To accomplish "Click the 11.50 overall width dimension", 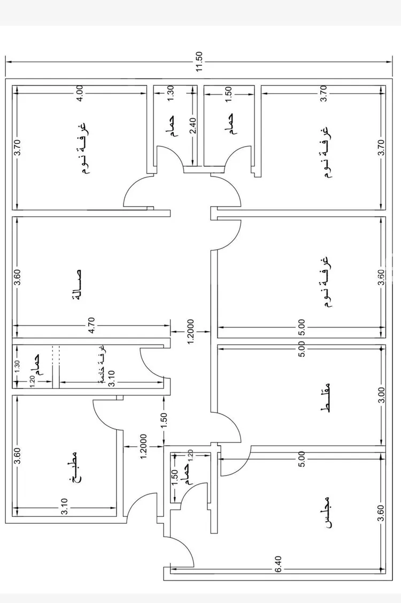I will click(x=199, y=62).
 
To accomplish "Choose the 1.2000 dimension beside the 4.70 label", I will click(x=190, y=331).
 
